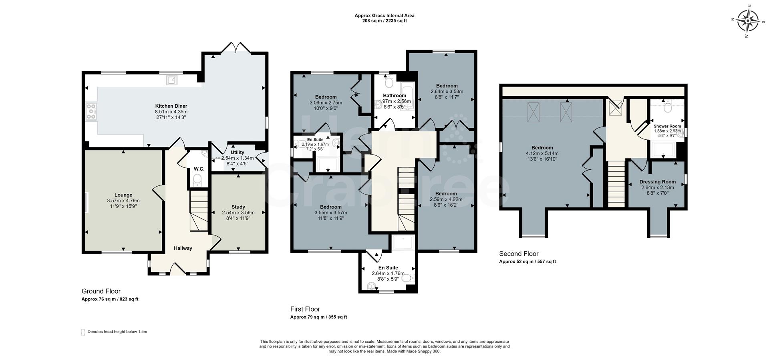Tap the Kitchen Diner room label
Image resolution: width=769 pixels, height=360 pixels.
171,106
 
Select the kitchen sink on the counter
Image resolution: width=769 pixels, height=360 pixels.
172,80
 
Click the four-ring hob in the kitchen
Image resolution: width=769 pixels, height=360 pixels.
91,111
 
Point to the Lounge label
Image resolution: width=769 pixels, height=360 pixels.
123,195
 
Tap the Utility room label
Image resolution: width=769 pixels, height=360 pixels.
237,153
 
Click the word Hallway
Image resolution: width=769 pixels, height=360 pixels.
183,248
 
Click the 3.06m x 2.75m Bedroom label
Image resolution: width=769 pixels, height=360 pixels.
326,97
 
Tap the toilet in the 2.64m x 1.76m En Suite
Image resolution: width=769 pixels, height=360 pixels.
407,278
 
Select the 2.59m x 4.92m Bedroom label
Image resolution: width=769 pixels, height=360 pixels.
446,194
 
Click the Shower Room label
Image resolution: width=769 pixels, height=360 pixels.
667,126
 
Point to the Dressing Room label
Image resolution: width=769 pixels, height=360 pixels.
657,182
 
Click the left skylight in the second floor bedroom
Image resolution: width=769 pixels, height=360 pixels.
533,112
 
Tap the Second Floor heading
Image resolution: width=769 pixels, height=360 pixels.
519,253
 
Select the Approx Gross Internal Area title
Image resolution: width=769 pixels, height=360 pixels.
384,16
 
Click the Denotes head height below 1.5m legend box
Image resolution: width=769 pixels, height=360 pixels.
83,332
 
